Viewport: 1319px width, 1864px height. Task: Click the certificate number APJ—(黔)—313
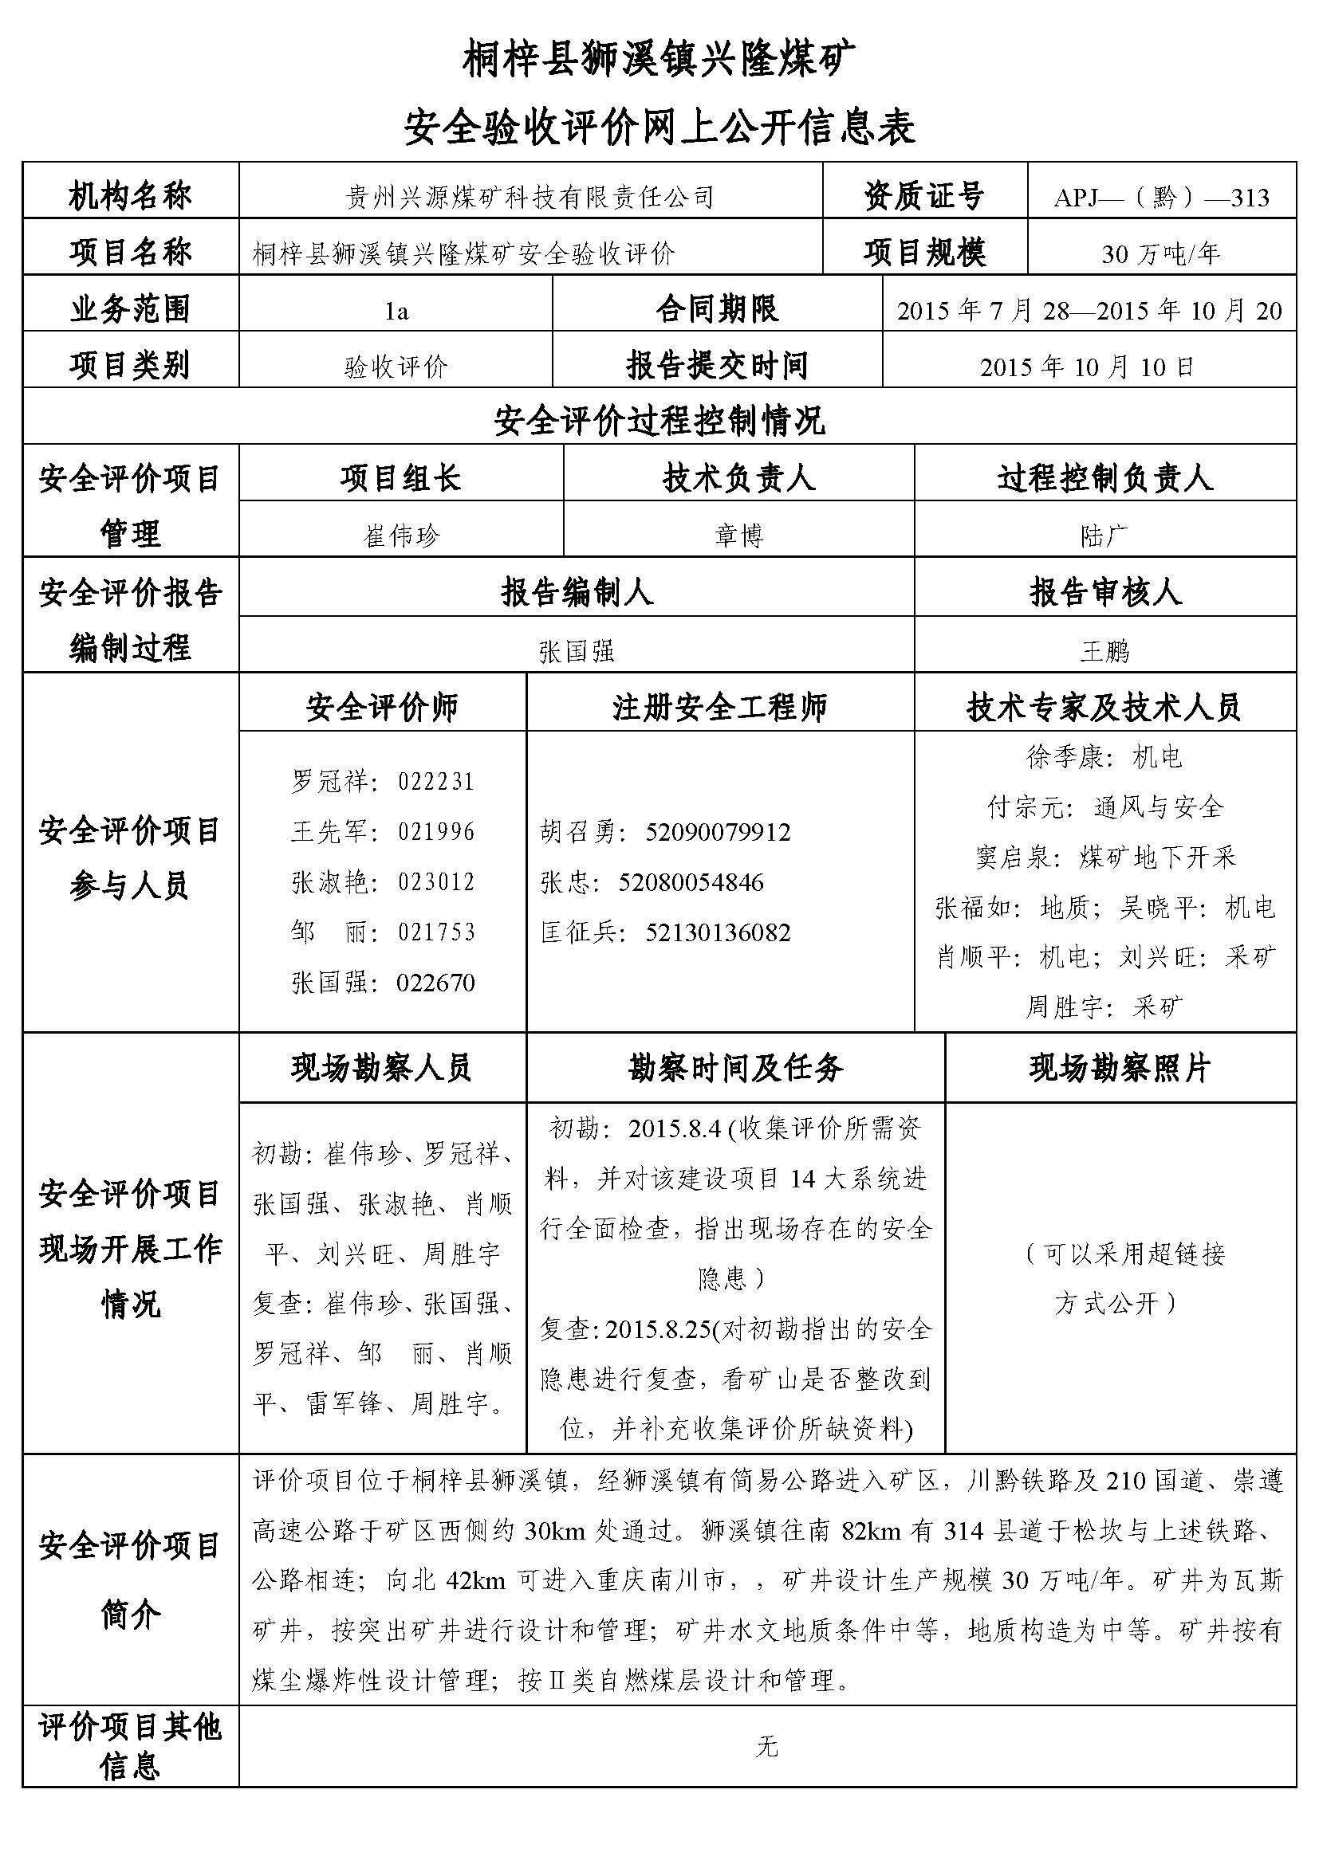pyautogui.click(x=1160, y=198)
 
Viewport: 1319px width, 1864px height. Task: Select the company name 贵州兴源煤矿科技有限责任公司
pyautogui.click(x=530, y=198)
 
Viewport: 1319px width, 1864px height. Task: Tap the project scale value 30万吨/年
pyautogui.click(x=1160, y=254)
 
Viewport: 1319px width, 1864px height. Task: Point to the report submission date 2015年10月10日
pyautogui.click(x=1088, y=367)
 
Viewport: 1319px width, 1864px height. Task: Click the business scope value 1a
pyautogui.click(x=396, y=311)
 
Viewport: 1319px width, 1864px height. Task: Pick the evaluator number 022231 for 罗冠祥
pyautogui.click(x=436, y=782)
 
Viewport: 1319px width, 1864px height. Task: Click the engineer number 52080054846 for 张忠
pyautogui.click(x=691, y=882)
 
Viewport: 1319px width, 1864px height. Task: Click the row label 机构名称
pyautogui.click(x=130, y=196)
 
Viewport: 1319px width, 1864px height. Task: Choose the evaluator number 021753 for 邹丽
pyautogui.click(x=436, y=932)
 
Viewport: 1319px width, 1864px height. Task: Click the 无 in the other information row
pyautogui.click(x=766, y=1747)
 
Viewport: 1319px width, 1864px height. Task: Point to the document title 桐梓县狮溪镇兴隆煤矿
pyautogui.click(x=659, y=61)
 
